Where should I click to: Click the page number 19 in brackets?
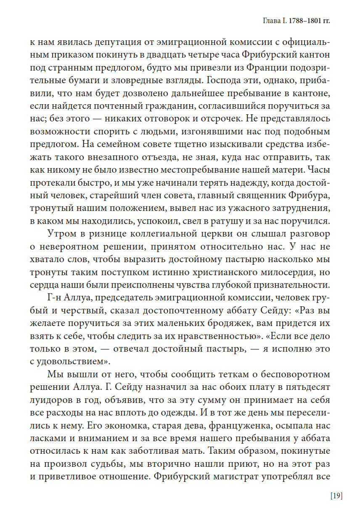(x=336, y=496)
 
